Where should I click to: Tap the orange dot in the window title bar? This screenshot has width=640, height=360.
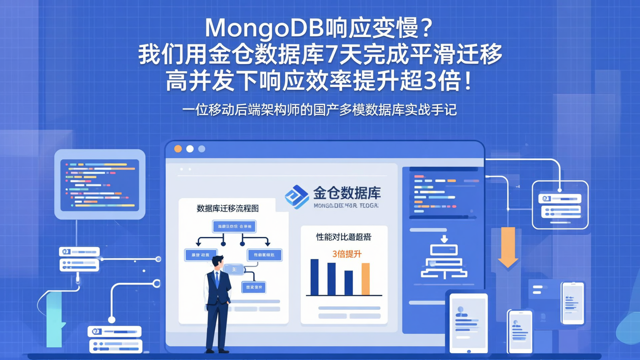(178, 149)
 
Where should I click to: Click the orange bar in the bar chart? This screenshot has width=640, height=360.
(365, 279)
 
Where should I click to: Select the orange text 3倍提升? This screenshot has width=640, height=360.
(347, 254)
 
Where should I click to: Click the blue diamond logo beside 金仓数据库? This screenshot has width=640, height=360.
(296, 197)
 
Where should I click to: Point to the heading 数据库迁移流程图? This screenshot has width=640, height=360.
(228, 208)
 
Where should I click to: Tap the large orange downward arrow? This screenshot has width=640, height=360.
(508, 247)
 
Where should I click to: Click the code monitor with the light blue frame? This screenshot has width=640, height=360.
(100, 184)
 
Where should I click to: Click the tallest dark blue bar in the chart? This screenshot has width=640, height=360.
(314, 277)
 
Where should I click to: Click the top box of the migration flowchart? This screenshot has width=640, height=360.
(234, 227)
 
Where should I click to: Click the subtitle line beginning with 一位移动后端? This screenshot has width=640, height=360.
(319, 109)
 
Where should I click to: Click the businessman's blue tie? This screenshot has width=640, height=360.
(217, 279)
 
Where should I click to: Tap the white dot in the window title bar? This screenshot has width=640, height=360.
(190, 149)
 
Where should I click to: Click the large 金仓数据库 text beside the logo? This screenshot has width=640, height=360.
(347, 193)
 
